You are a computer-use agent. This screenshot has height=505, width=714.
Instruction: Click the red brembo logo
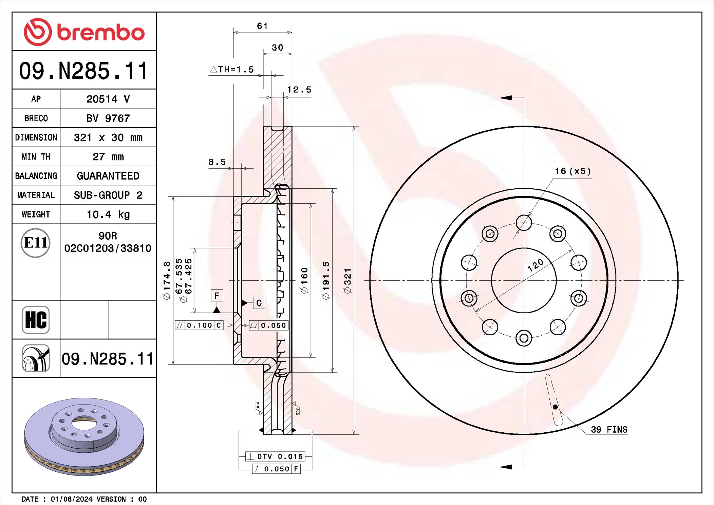click(84, 32)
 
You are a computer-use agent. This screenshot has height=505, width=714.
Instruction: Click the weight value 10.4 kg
click(108, 214)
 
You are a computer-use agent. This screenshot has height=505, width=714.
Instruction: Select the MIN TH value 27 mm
click(108, 157)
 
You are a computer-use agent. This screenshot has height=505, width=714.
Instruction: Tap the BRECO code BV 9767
click(108, 118)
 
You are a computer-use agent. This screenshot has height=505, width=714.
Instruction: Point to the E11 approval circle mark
click(36, 243)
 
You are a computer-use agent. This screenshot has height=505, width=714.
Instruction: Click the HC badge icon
click(36, 320)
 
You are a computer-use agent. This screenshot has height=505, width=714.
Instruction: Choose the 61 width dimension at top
click(262, 26)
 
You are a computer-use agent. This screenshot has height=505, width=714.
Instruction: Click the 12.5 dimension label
click(299, 90)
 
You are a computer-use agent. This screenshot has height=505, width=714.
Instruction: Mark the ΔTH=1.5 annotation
click(232, 70)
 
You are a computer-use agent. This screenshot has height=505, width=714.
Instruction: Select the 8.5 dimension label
click(217, 162)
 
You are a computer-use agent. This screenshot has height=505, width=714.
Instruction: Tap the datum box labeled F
click(217, 296)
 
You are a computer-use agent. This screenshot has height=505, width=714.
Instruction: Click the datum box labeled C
click(259, 303)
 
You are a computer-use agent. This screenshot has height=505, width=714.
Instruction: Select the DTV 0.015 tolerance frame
click(275, 456)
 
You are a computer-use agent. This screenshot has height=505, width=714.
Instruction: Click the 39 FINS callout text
click(609, 430)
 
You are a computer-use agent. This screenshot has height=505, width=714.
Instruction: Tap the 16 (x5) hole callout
click(572, 171)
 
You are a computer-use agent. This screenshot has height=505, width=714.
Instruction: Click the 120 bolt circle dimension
click(535, 265)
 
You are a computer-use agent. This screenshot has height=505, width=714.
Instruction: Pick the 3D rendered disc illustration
click(84, 436)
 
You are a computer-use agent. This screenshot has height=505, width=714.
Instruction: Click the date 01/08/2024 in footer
click(71, 499)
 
